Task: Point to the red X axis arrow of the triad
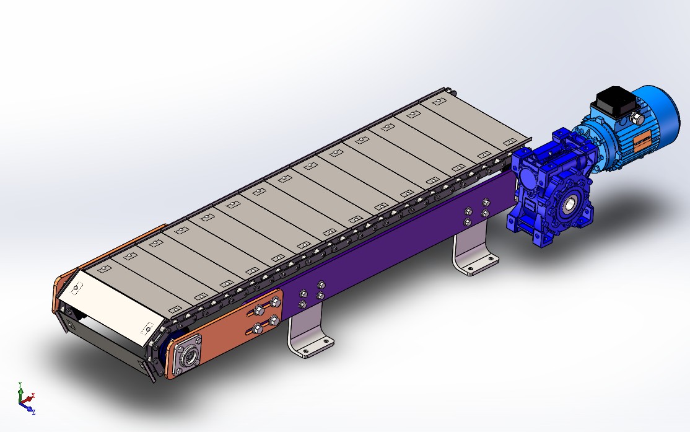point(31,395)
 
